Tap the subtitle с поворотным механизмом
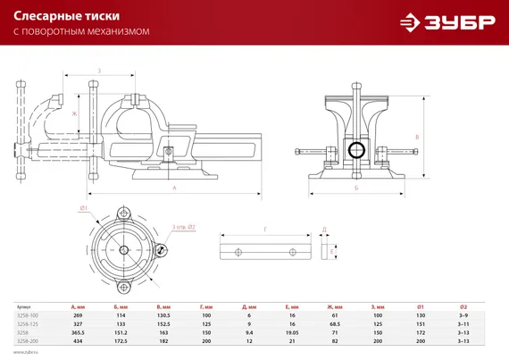click(81, 31)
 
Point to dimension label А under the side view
click(174, 188)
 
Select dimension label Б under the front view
click(355, 188)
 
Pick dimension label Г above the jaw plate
click(265, 230)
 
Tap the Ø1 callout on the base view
click(82, 208)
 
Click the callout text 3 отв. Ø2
click(183, 227)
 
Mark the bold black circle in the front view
click(355, 149)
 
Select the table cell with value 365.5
click(79, 331)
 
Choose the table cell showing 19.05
click(292, 331)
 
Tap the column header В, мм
click(163, 306)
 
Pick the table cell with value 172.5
click(121, 339)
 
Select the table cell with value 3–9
click(463, 315)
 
